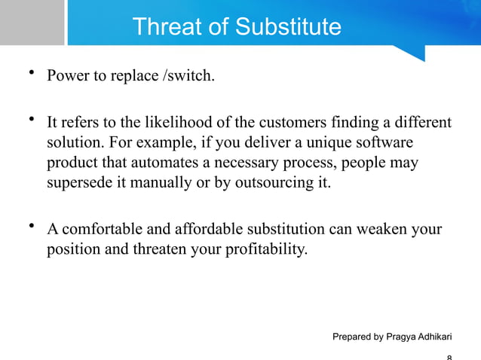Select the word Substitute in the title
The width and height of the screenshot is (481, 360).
(288, 27)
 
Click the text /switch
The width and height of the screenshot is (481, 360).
(190, 76)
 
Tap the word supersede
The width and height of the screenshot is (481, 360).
(78, 183)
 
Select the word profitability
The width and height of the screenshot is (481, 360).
(265, 249)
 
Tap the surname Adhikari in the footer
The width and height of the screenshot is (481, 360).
(442, 337)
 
